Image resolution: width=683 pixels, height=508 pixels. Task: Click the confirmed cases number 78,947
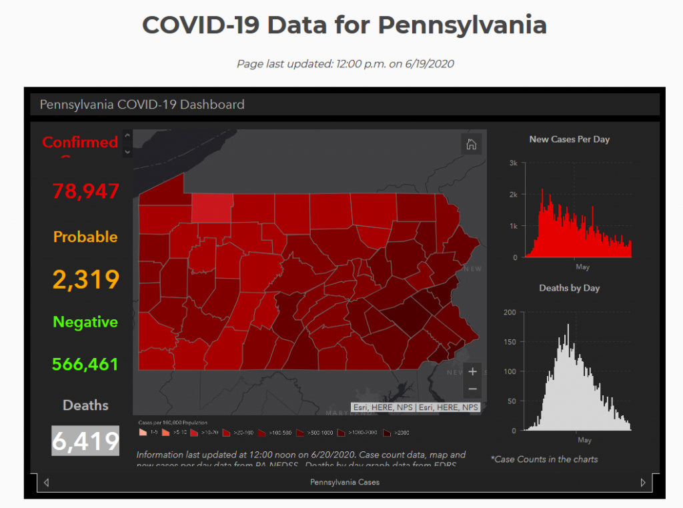[x=85, y=191]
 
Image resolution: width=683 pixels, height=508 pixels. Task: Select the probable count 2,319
[x=85, y=279]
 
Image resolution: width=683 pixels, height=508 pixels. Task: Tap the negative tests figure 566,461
[x=85, y=364]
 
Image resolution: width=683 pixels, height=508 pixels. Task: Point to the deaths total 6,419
[x=85, y=441]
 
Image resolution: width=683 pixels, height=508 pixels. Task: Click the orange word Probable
[x=85, y=237]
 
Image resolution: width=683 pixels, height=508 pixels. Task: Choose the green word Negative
[x=85, y=322]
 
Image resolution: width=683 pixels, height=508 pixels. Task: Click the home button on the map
[x=471, y=145]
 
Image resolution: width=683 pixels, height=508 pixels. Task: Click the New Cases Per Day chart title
[x=569, y=139]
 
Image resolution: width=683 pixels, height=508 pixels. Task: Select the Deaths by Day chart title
[x=569, y=288]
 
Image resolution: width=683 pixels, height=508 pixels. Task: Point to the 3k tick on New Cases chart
[x=513, y=163]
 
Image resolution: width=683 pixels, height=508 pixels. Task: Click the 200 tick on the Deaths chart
[x=510, y=312]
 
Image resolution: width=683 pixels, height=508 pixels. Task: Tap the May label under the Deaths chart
[x=584, y=440]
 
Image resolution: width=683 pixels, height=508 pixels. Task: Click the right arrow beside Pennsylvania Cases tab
[x=643, y=483]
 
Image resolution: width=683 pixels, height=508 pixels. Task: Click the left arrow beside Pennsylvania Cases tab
[x=46, y=483]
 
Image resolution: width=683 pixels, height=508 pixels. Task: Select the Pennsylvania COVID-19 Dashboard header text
[x=142, y=105]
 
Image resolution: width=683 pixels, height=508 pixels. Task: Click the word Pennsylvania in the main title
[x=462, y=25]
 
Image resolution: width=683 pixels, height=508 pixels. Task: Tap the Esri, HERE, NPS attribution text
[x=416, y=407]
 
